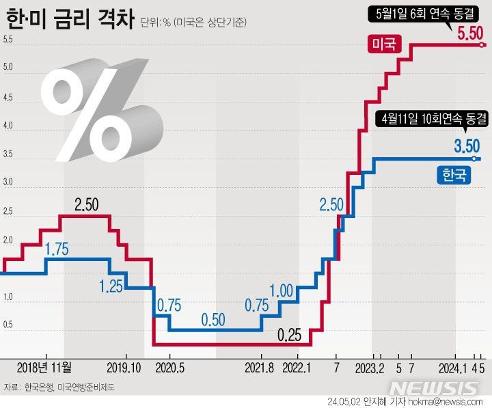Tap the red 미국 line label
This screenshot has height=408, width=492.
click(385, 45)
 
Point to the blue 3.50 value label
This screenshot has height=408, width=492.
click(467, 145)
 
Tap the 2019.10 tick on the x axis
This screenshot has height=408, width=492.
click(124, 368)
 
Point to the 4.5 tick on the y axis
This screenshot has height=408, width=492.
click(8, 98)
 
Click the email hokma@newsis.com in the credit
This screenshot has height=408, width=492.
click(446, 401)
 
